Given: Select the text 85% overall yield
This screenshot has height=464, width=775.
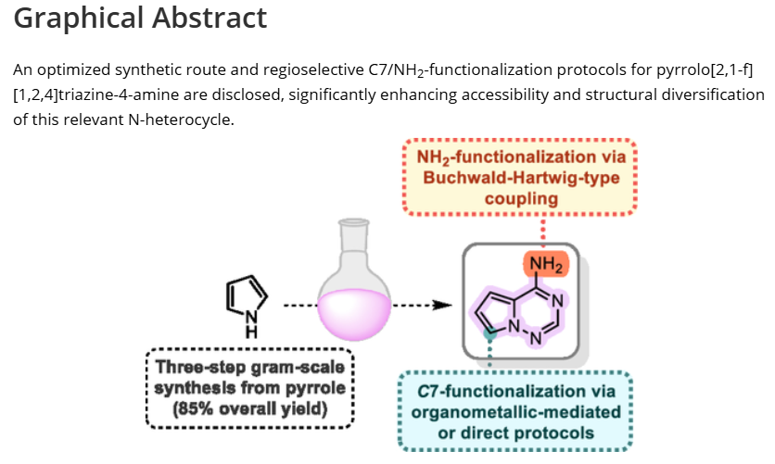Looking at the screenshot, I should point(250,408).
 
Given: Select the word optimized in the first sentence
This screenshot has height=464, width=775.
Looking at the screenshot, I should point(79,70).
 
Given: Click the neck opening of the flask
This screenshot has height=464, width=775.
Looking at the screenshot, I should point(352,223).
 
